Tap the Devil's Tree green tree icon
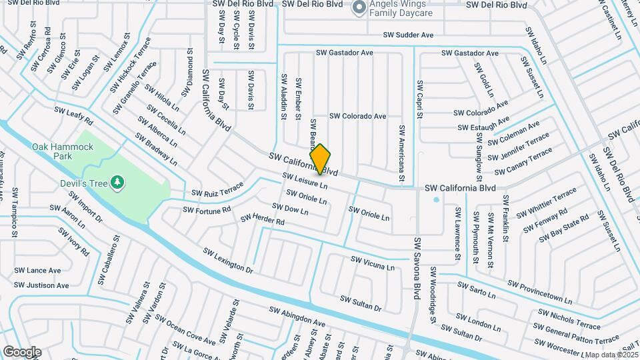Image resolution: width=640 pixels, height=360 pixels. [117, 181]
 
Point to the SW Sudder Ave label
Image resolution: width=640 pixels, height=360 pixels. [408, 35]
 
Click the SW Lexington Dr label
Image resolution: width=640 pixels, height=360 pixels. [229, 261]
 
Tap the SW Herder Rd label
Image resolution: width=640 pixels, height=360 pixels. [263, 219]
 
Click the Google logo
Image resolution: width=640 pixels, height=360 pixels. [22, 352]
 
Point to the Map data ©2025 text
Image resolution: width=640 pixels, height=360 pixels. [611, 355]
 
